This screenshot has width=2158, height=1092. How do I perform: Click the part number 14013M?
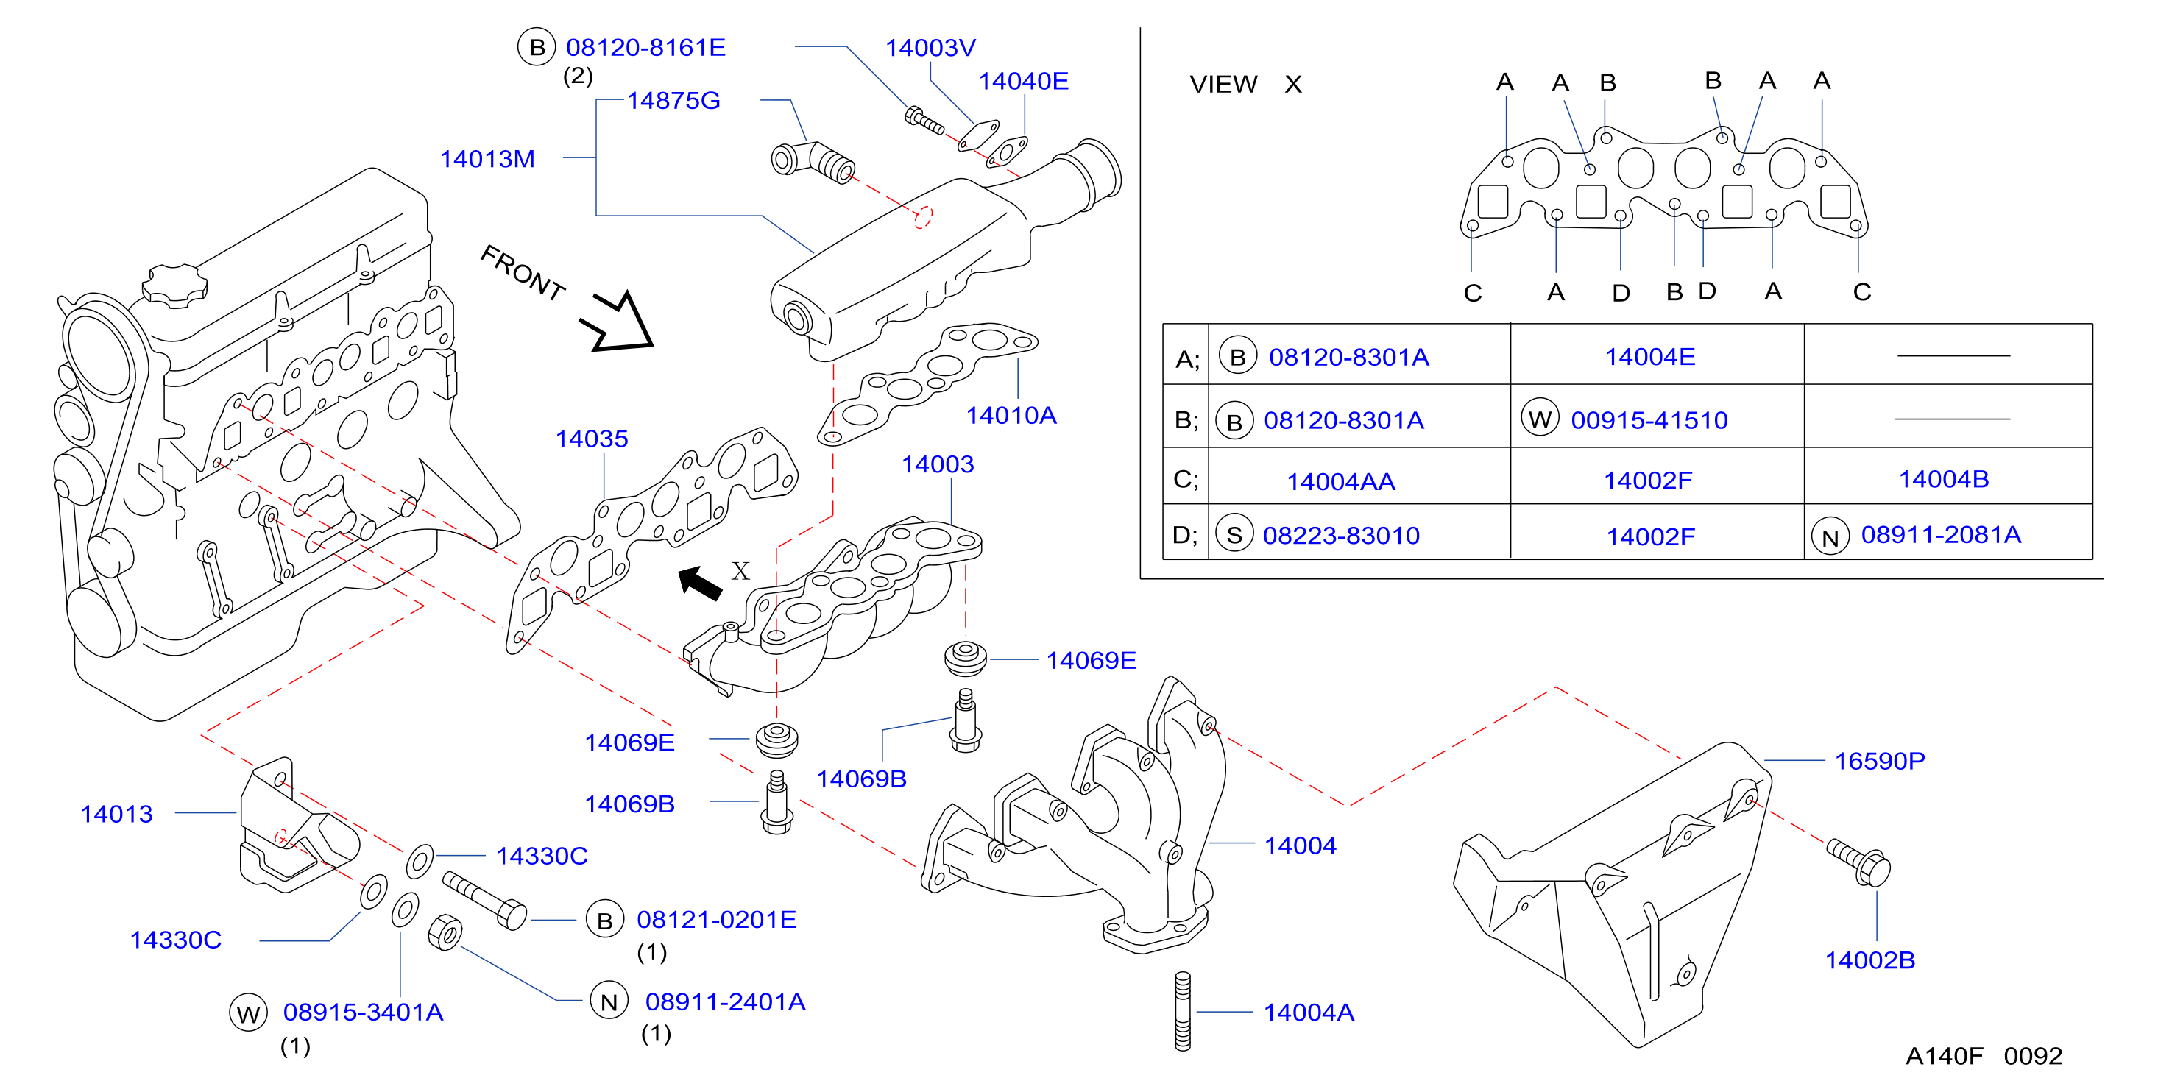[487, 158]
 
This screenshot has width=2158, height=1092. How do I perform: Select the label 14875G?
[673, 101]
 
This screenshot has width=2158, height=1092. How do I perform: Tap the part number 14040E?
[1024, 81]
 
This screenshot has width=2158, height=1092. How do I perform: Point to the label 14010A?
[1011, 415]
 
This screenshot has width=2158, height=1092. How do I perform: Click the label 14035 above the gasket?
[592, 439]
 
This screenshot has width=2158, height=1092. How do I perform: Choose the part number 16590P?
[1880, 760]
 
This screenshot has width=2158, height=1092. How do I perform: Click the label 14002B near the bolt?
[1869, 960]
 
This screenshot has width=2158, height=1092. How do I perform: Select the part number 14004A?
[1309, 1013]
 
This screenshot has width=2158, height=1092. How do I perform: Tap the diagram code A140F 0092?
[1984, 1056]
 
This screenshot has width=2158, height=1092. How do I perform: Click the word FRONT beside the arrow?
[523, 273]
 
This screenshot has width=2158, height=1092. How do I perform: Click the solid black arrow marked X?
[701, 583]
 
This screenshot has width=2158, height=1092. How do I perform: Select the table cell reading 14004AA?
[1340, 481]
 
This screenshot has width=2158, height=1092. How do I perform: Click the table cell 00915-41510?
[1649, 419]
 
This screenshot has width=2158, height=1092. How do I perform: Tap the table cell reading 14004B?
[1944, 479]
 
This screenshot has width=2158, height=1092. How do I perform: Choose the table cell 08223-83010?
[1341, 535]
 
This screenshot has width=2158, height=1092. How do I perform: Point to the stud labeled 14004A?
[1183, 1011]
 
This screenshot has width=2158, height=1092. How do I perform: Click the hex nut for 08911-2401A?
[444, 933]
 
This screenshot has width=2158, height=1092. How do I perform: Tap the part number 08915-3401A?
[363, 1013]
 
